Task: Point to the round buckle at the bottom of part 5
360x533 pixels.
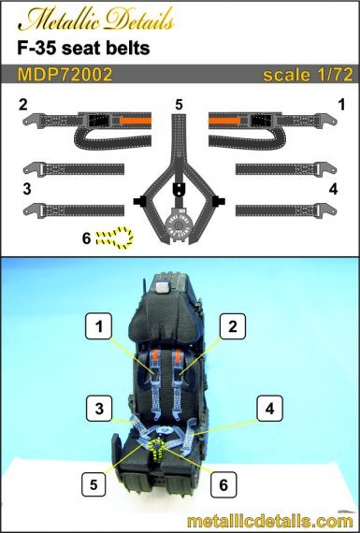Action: click(180, 226)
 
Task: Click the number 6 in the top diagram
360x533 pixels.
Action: click(86, 238)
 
